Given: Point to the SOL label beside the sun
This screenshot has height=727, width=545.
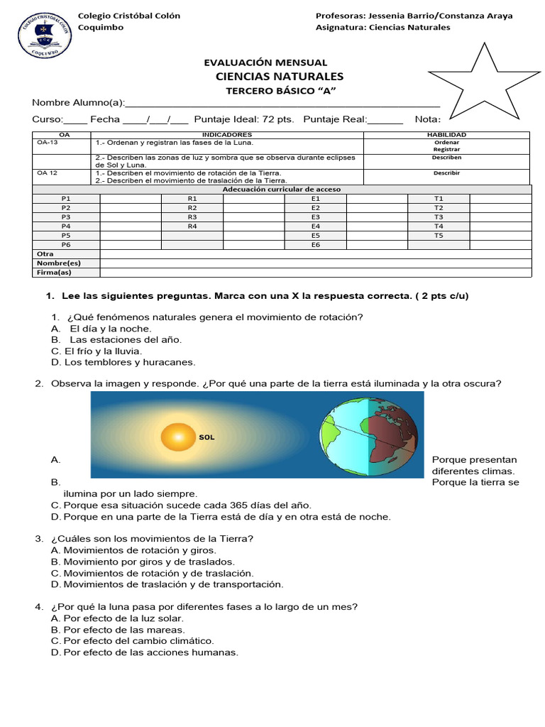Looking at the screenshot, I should [x=207, y=437].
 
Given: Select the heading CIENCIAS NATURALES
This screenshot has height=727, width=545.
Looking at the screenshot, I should [x=279, y=77].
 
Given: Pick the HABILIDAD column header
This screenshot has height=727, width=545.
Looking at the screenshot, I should [x=446, y=134].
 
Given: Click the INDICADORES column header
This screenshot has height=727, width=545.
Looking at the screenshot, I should [x=227, y=134].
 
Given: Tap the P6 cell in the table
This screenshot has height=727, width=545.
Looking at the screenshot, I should [x=66, y=244].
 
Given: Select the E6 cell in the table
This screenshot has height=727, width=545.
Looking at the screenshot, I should [x=316, y=244].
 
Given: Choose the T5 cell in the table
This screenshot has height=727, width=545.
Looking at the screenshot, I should [x=438, y=235].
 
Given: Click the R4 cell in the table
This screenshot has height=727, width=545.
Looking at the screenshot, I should [x=192, y=226].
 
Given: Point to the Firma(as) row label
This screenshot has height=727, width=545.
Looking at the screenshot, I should [x=54, y=272].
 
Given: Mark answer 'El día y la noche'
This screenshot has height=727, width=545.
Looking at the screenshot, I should [x=110, y=329].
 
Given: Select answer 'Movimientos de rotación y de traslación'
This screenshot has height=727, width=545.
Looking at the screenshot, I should [x=158, y=573].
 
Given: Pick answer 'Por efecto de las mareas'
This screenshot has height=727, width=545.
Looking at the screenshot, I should [x=124, y=630].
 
